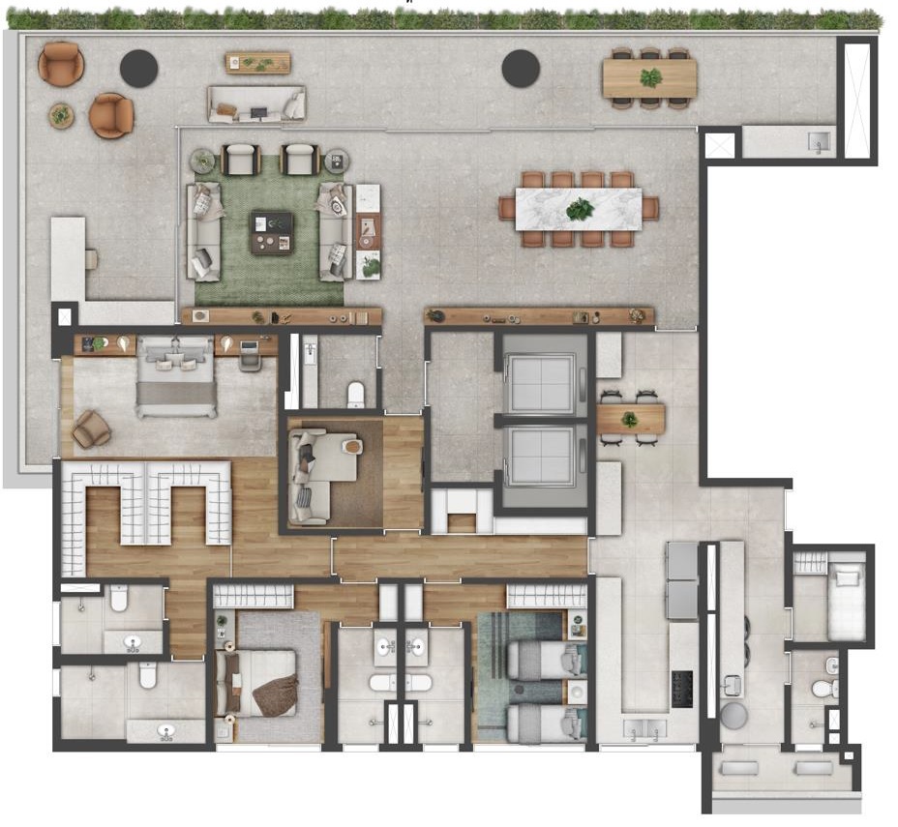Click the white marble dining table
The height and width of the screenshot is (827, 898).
(579, 209)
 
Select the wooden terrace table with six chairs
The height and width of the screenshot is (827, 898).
(649, 78)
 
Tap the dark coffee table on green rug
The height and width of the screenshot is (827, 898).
(270, 231)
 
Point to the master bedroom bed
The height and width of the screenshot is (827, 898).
(175, 380)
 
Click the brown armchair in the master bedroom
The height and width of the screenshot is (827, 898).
(91, 428)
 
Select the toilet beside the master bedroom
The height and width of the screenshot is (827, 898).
(355, 394)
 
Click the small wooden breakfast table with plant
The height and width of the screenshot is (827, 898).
(630, 419)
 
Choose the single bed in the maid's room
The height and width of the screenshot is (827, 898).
(846, 601)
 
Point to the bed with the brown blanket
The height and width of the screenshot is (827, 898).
(261, 683)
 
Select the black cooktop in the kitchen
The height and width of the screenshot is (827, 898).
(684, 688)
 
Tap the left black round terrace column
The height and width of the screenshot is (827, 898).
(138, 68)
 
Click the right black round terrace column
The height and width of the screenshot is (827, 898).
(521, 68)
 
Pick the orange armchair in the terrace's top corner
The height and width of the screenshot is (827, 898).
(60, 64)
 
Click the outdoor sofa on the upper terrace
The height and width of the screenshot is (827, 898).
(255, 104)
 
